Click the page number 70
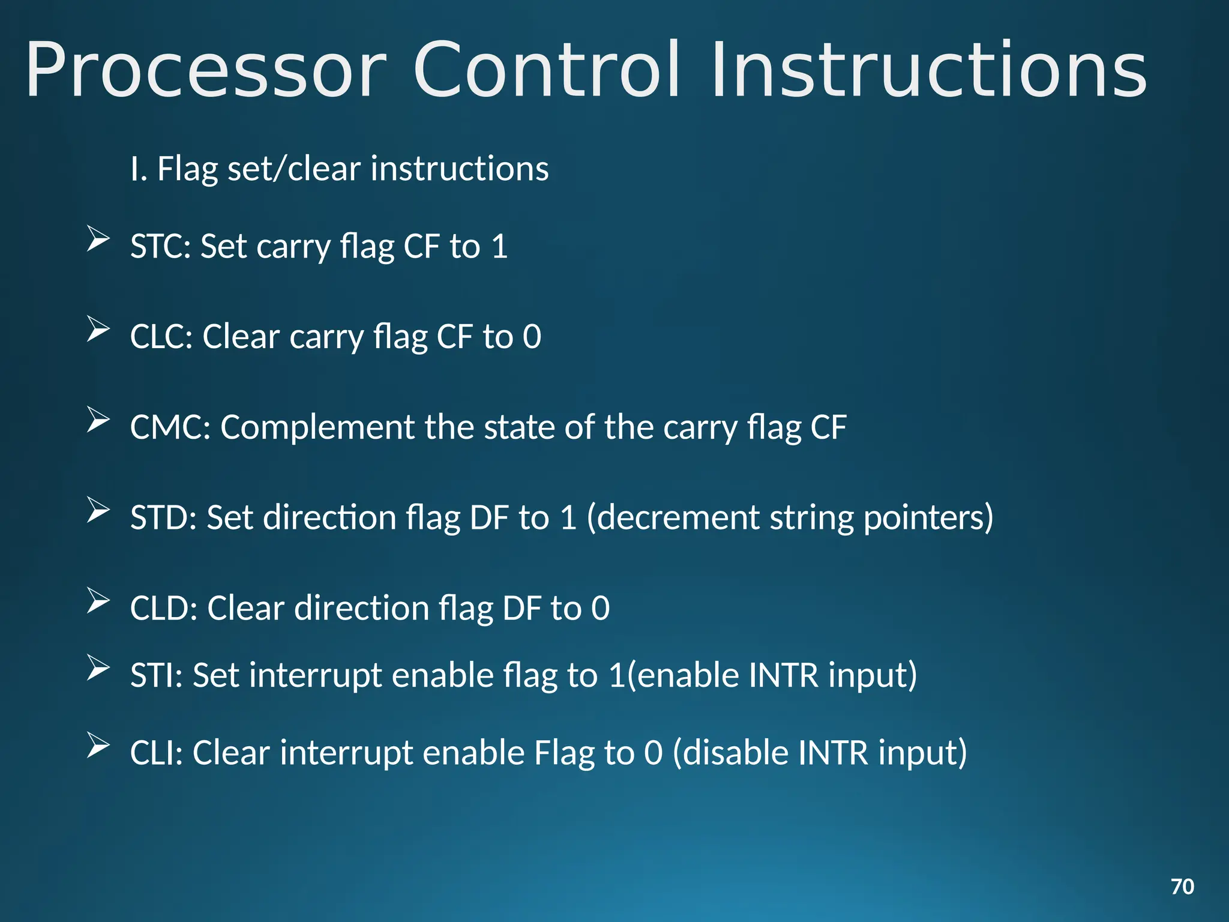[1182, 887]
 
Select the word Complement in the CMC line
[317, 427]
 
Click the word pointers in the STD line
[928, 517]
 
